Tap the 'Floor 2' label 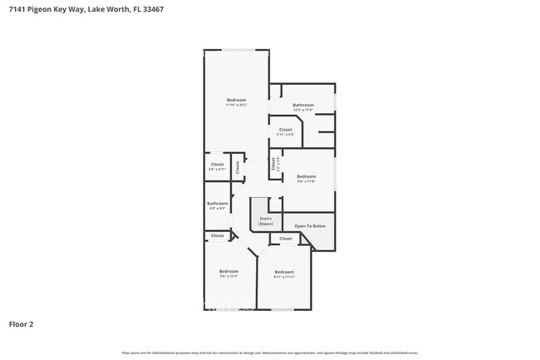(21, 324)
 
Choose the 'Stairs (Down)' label (265, 221)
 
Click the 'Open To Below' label (310, 225)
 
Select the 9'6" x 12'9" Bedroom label (228, 274)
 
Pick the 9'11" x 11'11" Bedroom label (284, 274)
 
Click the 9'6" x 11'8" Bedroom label (307, 178)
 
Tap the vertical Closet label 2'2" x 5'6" (273, 165)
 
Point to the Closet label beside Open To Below (286, 239)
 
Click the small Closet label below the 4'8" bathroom (217, 235)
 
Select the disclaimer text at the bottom (270, 353)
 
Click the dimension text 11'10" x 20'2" (236, 106)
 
